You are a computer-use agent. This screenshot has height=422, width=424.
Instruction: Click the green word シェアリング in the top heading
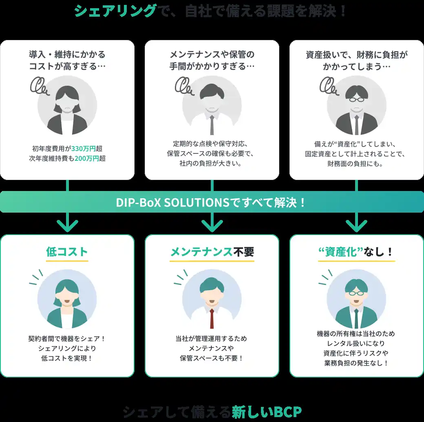(x=115, y=11)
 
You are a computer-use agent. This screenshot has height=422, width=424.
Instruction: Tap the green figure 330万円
(x=83, y=149)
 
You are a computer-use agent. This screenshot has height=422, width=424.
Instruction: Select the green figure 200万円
(x=86, y=158)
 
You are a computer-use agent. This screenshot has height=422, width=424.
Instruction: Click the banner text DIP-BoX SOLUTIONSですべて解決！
(x=211, y=202)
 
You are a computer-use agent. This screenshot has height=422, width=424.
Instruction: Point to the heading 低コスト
(x=67, y=252)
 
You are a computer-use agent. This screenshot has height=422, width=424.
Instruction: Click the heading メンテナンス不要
(x=212, y=252)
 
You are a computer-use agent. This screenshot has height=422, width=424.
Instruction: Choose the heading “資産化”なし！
(x=356, y=252)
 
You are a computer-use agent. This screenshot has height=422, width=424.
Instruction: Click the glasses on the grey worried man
(x=356, y=99)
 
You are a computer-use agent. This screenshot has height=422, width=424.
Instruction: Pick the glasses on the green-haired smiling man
(x=356, y=293)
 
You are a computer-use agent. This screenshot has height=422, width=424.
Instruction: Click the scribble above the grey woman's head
(x=40, y=86)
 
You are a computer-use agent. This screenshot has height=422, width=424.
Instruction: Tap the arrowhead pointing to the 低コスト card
(x=67, y=225)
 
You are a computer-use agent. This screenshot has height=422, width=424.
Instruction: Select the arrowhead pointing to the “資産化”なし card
(x=356, y=225)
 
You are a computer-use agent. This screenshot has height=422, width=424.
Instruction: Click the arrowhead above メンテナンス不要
(x=212, y=225)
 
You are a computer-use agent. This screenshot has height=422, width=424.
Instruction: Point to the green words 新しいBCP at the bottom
(x=267, y=412)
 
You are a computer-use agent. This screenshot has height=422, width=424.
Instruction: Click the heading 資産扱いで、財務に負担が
(x=356, y=55)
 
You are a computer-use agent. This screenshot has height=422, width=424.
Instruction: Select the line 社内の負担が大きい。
(x=210, y=163)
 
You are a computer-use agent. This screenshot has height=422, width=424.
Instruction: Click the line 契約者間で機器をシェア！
(x=67, y=339)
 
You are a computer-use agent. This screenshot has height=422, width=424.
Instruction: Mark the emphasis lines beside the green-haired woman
(x=36, y=277)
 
